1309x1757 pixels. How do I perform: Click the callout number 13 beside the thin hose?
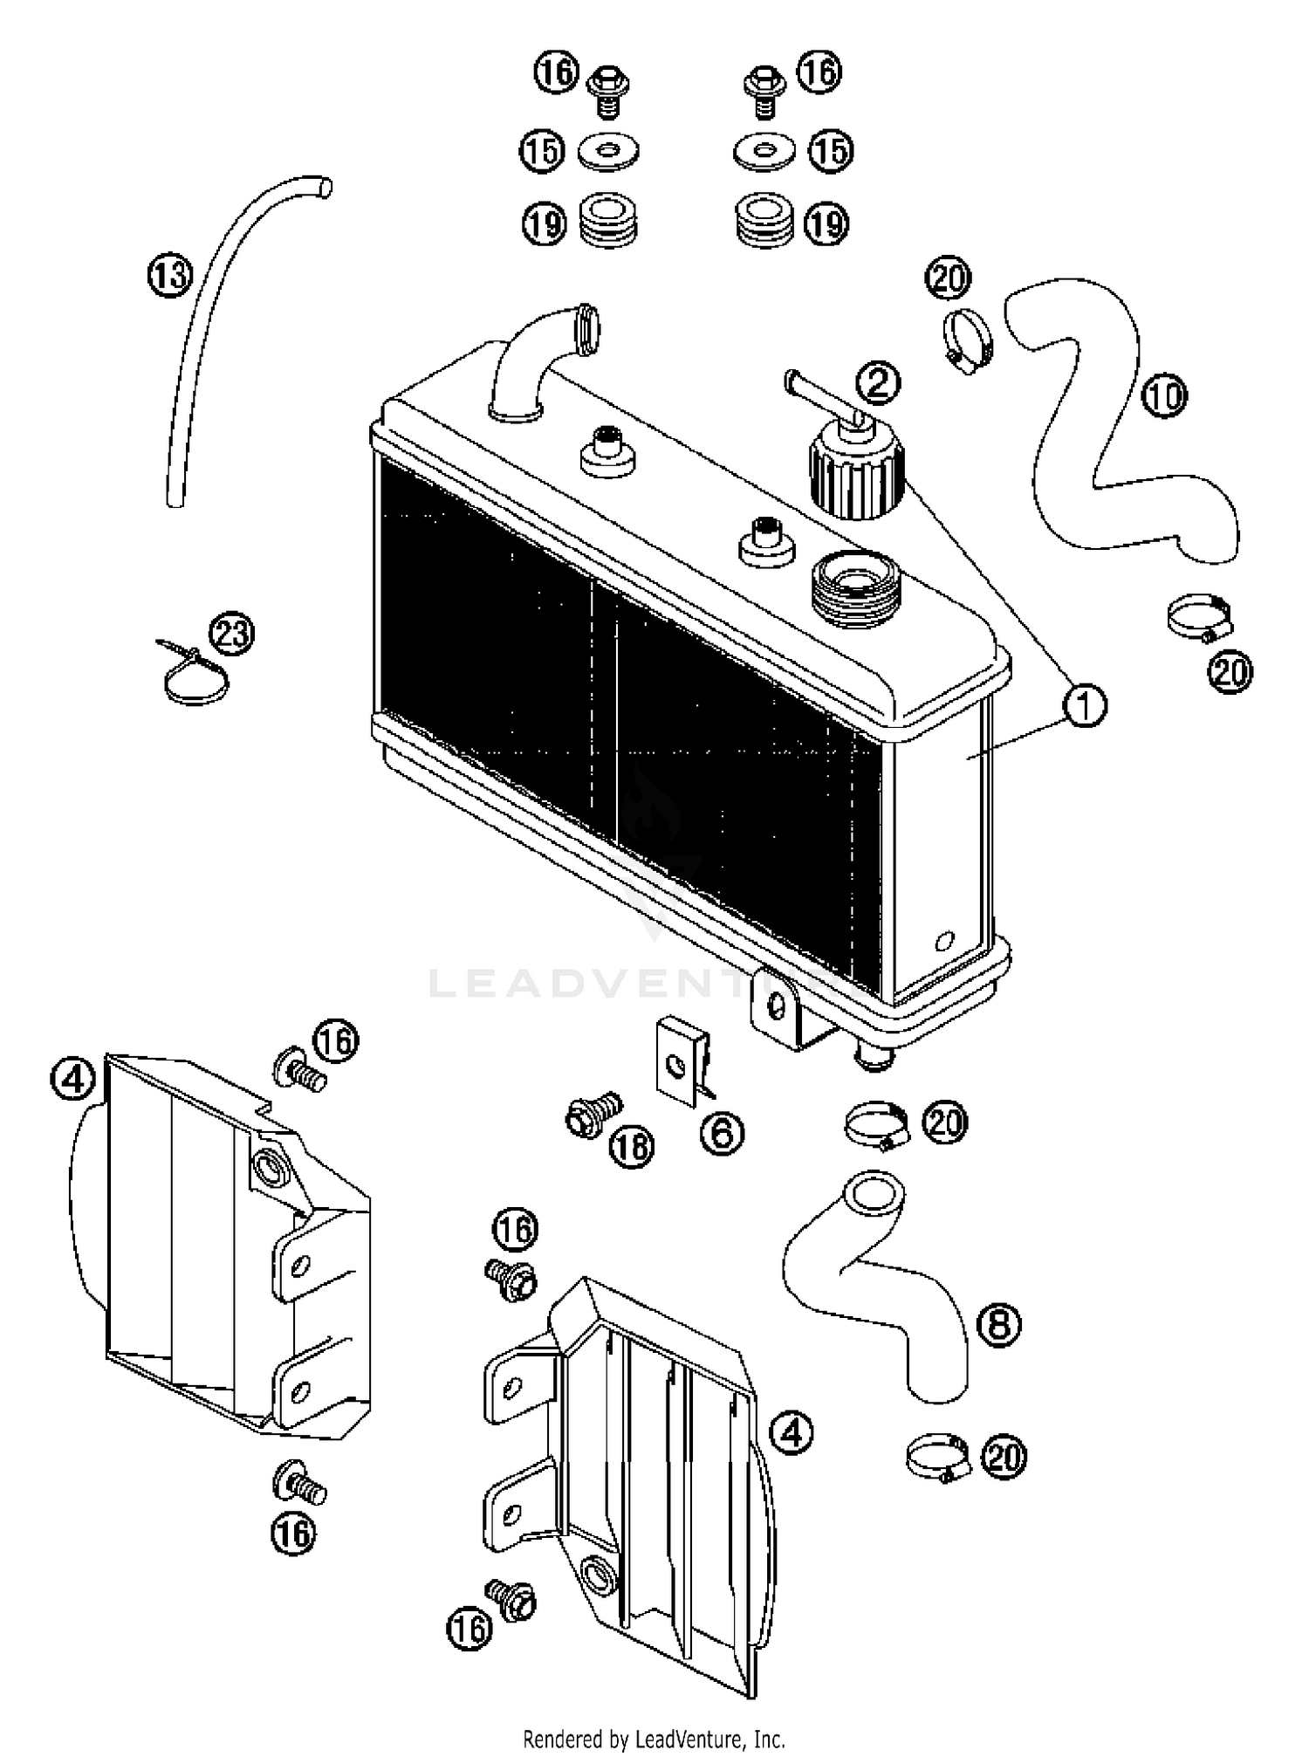(169, 276)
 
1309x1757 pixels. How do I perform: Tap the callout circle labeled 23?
(232, 635)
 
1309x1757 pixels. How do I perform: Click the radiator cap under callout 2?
(856, 470)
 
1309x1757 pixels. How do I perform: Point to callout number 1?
(1085, 705)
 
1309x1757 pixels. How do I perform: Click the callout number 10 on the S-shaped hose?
(1165, 396)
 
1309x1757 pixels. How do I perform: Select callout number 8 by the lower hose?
(999, 1324)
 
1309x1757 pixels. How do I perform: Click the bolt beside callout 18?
(593, 1115)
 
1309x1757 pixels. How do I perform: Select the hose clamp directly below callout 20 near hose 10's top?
(967, 340)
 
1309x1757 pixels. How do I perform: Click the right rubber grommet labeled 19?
(764, 222)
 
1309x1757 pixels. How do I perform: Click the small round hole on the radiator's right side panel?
(943, 942)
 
